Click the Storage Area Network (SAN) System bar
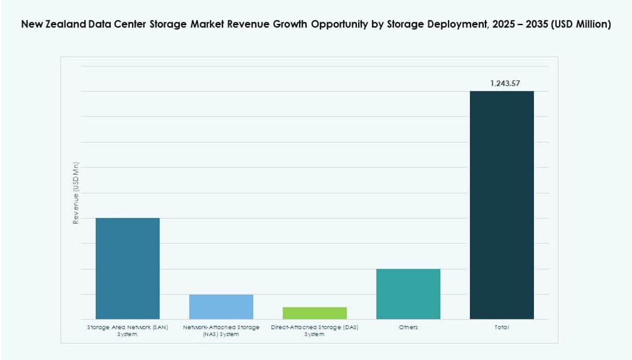127,269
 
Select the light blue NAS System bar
221,307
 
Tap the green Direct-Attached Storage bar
315,313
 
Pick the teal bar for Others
408,294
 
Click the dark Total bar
502,205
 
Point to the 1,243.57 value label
505,84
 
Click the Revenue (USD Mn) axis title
76,193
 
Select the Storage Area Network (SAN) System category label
127,331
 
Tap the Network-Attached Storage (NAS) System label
221,331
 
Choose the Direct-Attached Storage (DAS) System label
315,331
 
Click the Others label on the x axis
408,328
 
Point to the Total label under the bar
502,328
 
